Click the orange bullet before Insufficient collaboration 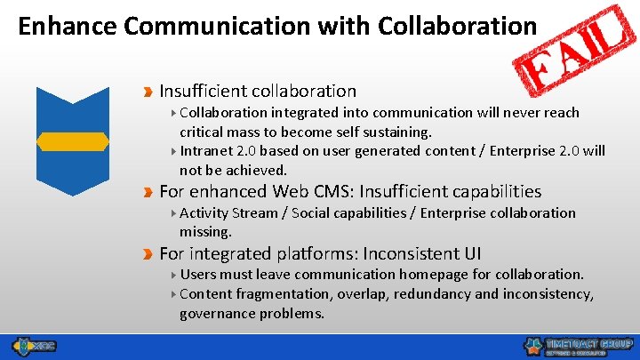pyautogui.click(x=148, y=91)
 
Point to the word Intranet pyautogui.click(x=208, y=150)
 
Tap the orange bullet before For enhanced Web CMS pyautogui.click(x=148, y=191)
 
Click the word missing pyautogui.click(x=205, y=232)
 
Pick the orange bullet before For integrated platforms pyautogui.click(x=148, y=253)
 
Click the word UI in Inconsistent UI pyautogui.click(x=472, y=253)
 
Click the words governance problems pyautogui.click(x=252, y=313)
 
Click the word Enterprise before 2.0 pyautogui.click(x=518, y=150)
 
